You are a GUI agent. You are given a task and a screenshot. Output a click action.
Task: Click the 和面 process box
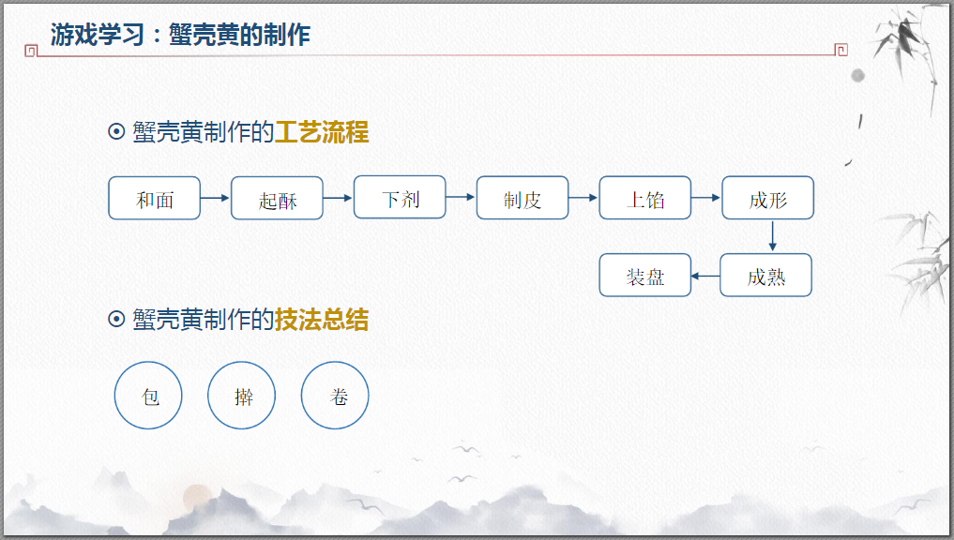pyautogui.click(x=155, y=198)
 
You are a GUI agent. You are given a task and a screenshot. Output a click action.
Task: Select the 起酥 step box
pyautogui.click(x=277, y=198)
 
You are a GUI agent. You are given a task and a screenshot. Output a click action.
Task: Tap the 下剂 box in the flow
pyautogui.click(x=400, y=197)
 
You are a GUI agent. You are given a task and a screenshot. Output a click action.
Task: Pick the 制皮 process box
pyautogui.click(x=522, y=198)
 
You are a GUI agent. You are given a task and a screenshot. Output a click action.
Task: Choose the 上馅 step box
pyautogui.click(x=645, y=198)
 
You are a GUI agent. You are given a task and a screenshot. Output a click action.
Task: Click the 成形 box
pyautogui.click(x=767, y=198)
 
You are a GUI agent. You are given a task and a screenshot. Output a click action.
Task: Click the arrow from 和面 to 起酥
pyautogui.click(x=216, y=198)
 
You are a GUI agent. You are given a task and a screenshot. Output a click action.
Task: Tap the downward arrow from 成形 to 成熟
pyautogui.click(x=772, y=236)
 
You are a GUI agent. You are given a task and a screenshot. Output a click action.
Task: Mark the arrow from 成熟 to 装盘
pyautogui.click(x=705, y=276)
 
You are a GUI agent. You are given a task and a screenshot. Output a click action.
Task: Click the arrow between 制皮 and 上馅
pyautogui.click(x=583, y=198)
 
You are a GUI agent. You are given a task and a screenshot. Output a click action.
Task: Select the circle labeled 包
pyautogui.click(x=148, y=396)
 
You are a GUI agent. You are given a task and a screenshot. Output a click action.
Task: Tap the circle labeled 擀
pyautogui.click(x=242, y=396)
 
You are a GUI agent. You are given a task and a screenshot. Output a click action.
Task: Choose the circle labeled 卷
pyautogui.click(x=335, y=396)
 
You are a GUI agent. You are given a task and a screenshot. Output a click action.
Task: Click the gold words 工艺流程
pyautogui.click(x=322, y=132)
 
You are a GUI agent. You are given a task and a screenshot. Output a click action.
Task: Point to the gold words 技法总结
pyautogui.click(x=322, y=320)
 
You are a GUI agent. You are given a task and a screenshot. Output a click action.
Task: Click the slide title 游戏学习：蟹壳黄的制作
pyautogui.click(x=180, y=36)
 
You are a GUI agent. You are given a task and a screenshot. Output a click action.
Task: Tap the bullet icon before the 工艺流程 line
pyautogui.click(x=117, y=132)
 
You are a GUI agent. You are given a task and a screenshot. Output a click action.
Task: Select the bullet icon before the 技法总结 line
pyautogui.click(x=117, y=320)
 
